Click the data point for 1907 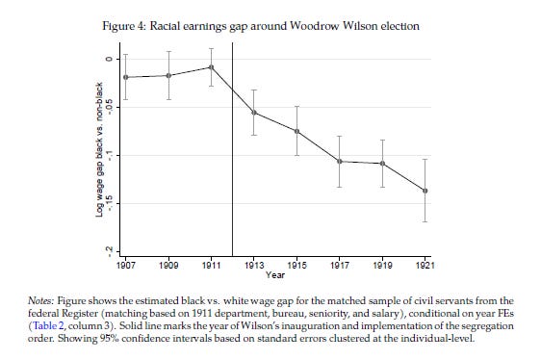click(126, 77)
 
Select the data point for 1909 click(168, 75)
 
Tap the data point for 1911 click(212, 67)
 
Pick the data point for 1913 click(254, 113)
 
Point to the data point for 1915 click(296, 131)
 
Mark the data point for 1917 click(340, 161)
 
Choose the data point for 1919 click(383, 164)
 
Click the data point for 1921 click(425, 191)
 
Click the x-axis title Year click(275, 274)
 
